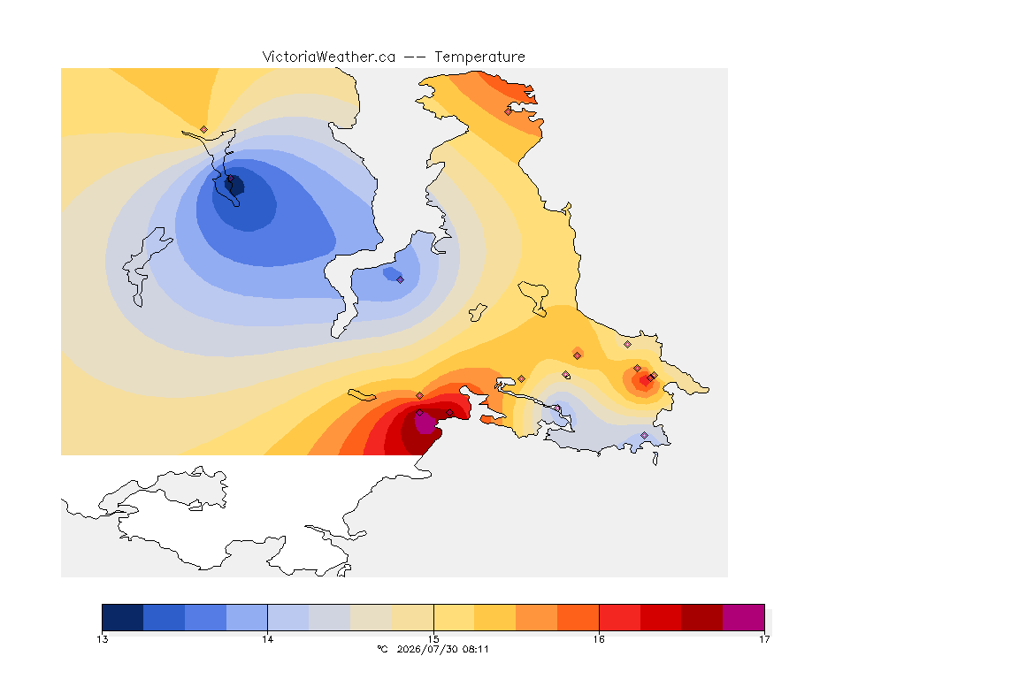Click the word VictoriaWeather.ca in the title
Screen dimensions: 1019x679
click(x=329, y=57)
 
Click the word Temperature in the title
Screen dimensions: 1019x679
click(x=479, y=57)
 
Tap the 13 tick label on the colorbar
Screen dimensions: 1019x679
click(x=102, y=639)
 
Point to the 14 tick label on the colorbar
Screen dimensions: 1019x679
click(x=268, y=639)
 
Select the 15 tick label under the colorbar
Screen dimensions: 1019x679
click(x=433, y=639)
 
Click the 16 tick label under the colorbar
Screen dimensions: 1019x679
click(x=599, y=639)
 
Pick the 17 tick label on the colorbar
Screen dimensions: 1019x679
click(x=764, y=639)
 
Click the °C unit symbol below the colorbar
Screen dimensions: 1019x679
click(x=382, y=649)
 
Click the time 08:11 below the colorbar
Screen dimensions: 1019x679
click(x=475, y=649)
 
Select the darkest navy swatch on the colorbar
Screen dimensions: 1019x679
click(x=123, y=617)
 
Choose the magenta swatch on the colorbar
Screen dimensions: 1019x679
click(x=743, y=617)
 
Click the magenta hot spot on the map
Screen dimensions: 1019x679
click(x=425, y=423)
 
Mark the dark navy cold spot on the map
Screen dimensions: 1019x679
click(x=234, y=186)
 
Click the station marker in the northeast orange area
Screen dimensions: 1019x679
click(x=509, y=111)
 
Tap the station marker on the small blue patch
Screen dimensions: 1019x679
click(x=401, y=280)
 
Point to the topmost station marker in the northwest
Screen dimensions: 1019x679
click(x=204, y=130)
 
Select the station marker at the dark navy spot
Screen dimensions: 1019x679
click(x=230, y=179)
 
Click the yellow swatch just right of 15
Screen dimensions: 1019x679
click(x=454, y=617)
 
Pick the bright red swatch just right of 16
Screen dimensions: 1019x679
click(x=619, y=617)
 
